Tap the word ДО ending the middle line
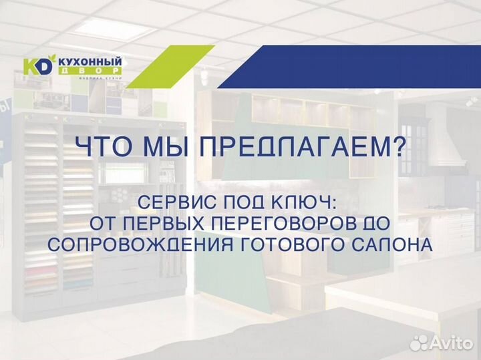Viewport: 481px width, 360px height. (x=375, y=222)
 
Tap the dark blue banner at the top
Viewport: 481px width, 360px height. (x=361, y=67)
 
